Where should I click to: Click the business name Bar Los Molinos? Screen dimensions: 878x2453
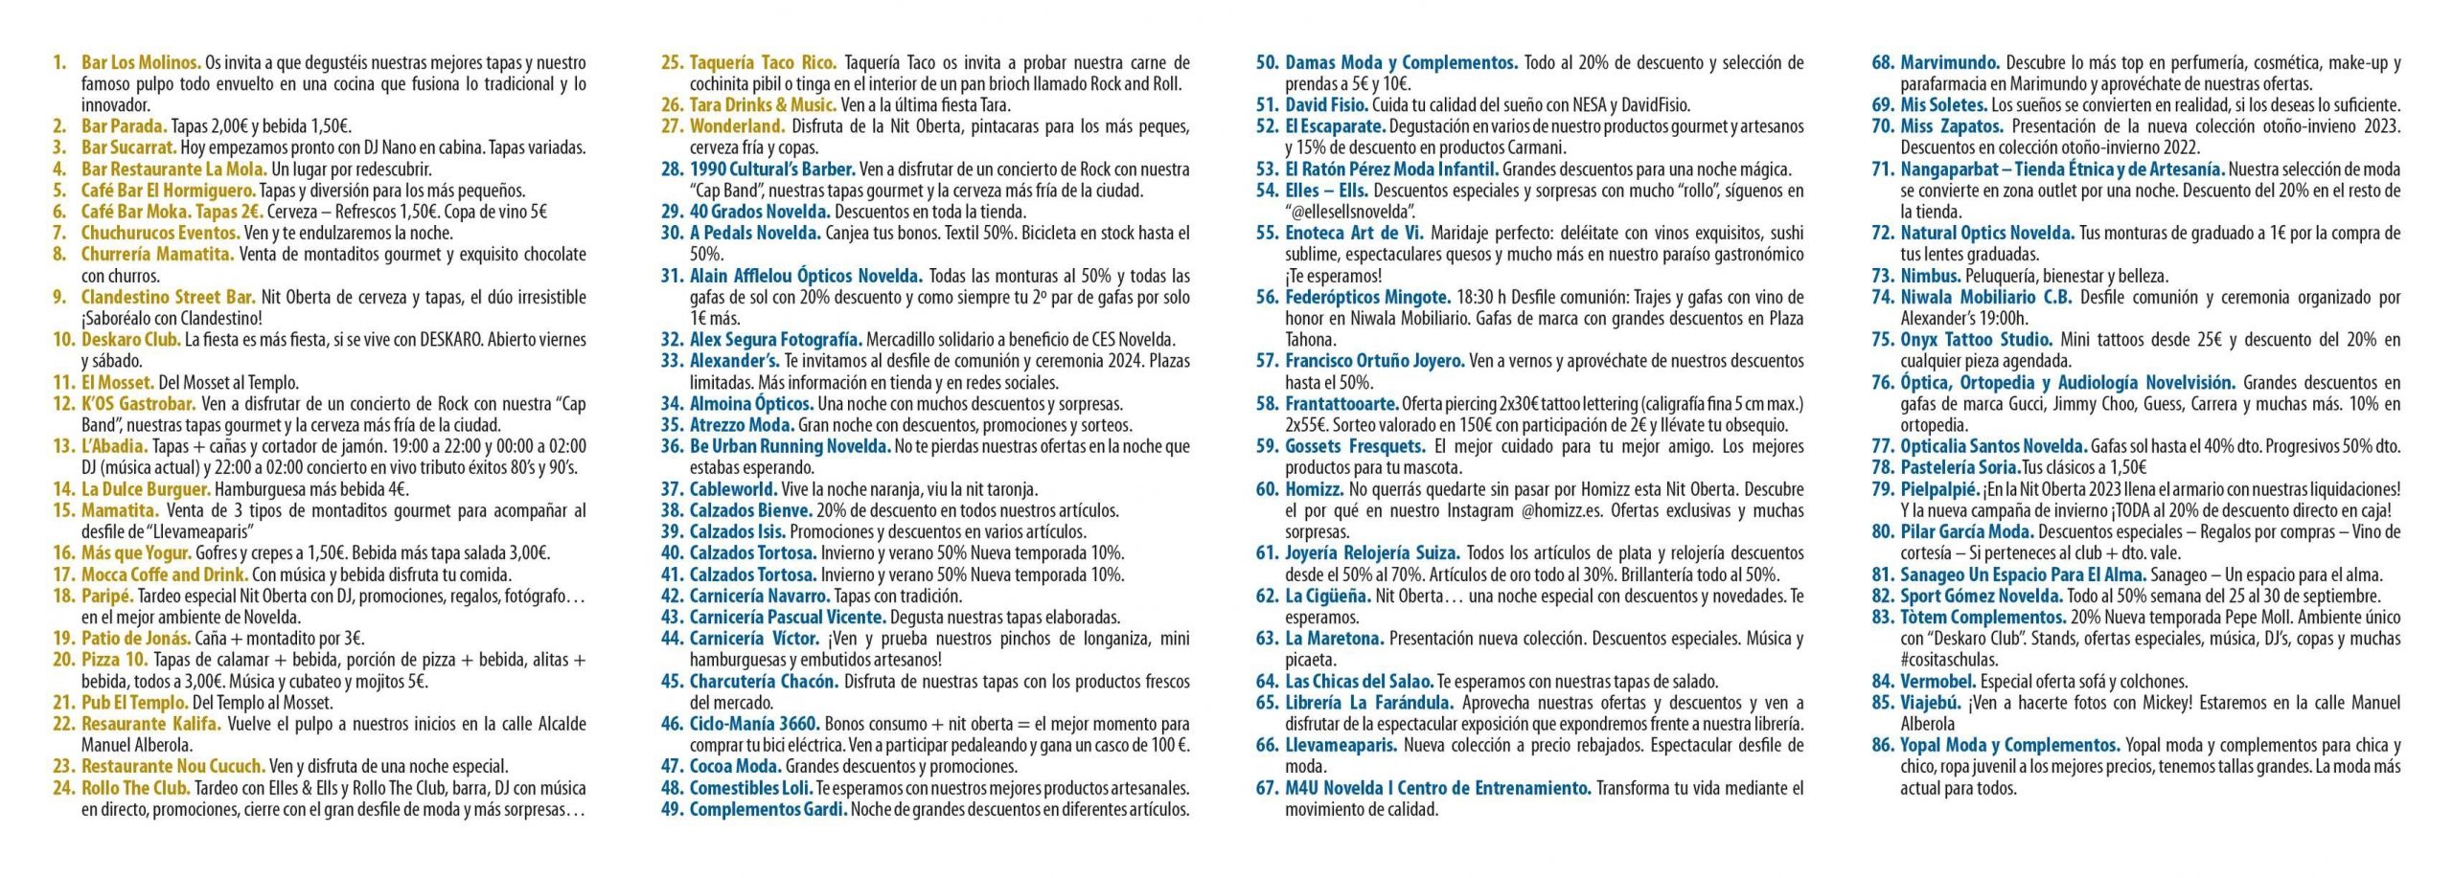coord(141,63)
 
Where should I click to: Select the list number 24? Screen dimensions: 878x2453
coord(63,788)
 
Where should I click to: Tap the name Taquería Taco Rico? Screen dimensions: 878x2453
coord(763,63)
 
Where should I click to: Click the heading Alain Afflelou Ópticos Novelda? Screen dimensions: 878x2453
coord(806,276)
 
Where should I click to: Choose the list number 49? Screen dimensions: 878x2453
coord(673,809)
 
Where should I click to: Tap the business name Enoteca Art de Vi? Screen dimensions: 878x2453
coord(1354,233)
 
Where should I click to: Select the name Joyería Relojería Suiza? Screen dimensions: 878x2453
coord(1372,553)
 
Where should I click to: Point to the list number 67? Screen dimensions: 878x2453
coord(1268,788)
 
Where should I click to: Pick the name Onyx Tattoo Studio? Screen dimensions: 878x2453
coord(1977,340)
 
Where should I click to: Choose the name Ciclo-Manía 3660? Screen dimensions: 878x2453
coord(753,724)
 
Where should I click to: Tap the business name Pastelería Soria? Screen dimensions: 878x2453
coord(1960,468)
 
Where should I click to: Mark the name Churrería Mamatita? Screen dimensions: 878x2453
coord(157,255)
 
